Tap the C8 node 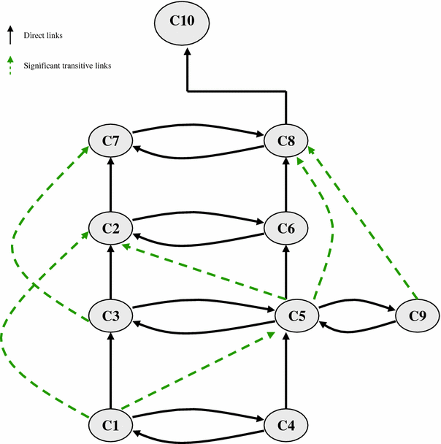pos(286,139)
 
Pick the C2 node pos(110,228)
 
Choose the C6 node pos(286,228)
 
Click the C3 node pos(110,316)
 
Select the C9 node pos(416,316)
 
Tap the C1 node pos(110,424)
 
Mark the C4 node pos(286,424)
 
